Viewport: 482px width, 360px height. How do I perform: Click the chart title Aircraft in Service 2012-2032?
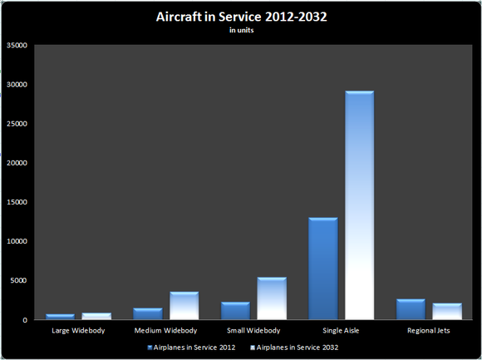(240, 17)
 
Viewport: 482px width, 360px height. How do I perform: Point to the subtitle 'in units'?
(240, 30)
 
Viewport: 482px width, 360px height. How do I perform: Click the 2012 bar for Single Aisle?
(322, 269)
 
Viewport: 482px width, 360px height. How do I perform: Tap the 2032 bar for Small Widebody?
(271, 298)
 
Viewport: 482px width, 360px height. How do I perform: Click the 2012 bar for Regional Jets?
(410, 309)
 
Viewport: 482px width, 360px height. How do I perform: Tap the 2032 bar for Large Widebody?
(96, 317)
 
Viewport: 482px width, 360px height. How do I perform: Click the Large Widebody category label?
(77, 331)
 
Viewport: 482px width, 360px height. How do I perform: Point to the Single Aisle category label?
(341, 331)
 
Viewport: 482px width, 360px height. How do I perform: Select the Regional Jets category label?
(428, 331)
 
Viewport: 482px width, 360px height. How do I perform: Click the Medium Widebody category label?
(165, 331)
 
